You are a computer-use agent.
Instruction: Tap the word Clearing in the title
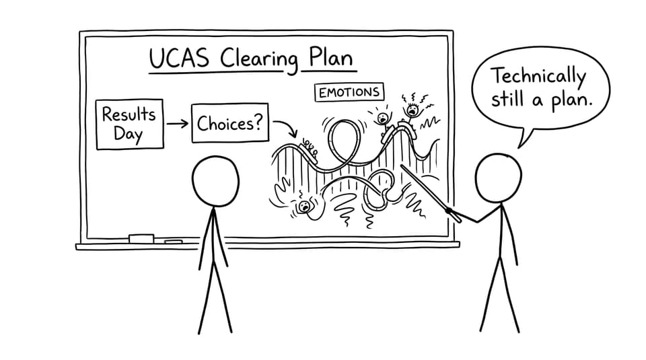[x=258, y=60]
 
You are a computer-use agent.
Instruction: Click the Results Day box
[x=129, y=124]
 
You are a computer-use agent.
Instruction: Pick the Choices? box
[x=230, y=122]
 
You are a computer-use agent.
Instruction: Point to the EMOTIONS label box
[x=349, y=92]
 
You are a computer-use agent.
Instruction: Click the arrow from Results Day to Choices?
[x=177, y=123]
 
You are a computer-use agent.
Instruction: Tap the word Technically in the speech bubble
[x=539, y=77]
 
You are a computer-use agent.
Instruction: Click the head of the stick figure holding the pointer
[x=498, y=178]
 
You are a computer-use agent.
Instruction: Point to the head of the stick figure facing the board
[x=215, y=181]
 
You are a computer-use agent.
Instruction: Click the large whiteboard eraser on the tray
[x=141, y=238]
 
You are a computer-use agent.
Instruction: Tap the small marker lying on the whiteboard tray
[x=174, y=242]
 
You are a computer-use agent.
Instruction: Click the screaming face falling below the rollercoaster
[x=304, y=206]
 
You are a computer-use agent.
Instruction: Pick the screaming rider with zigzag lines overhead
[x=412, y=110]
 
